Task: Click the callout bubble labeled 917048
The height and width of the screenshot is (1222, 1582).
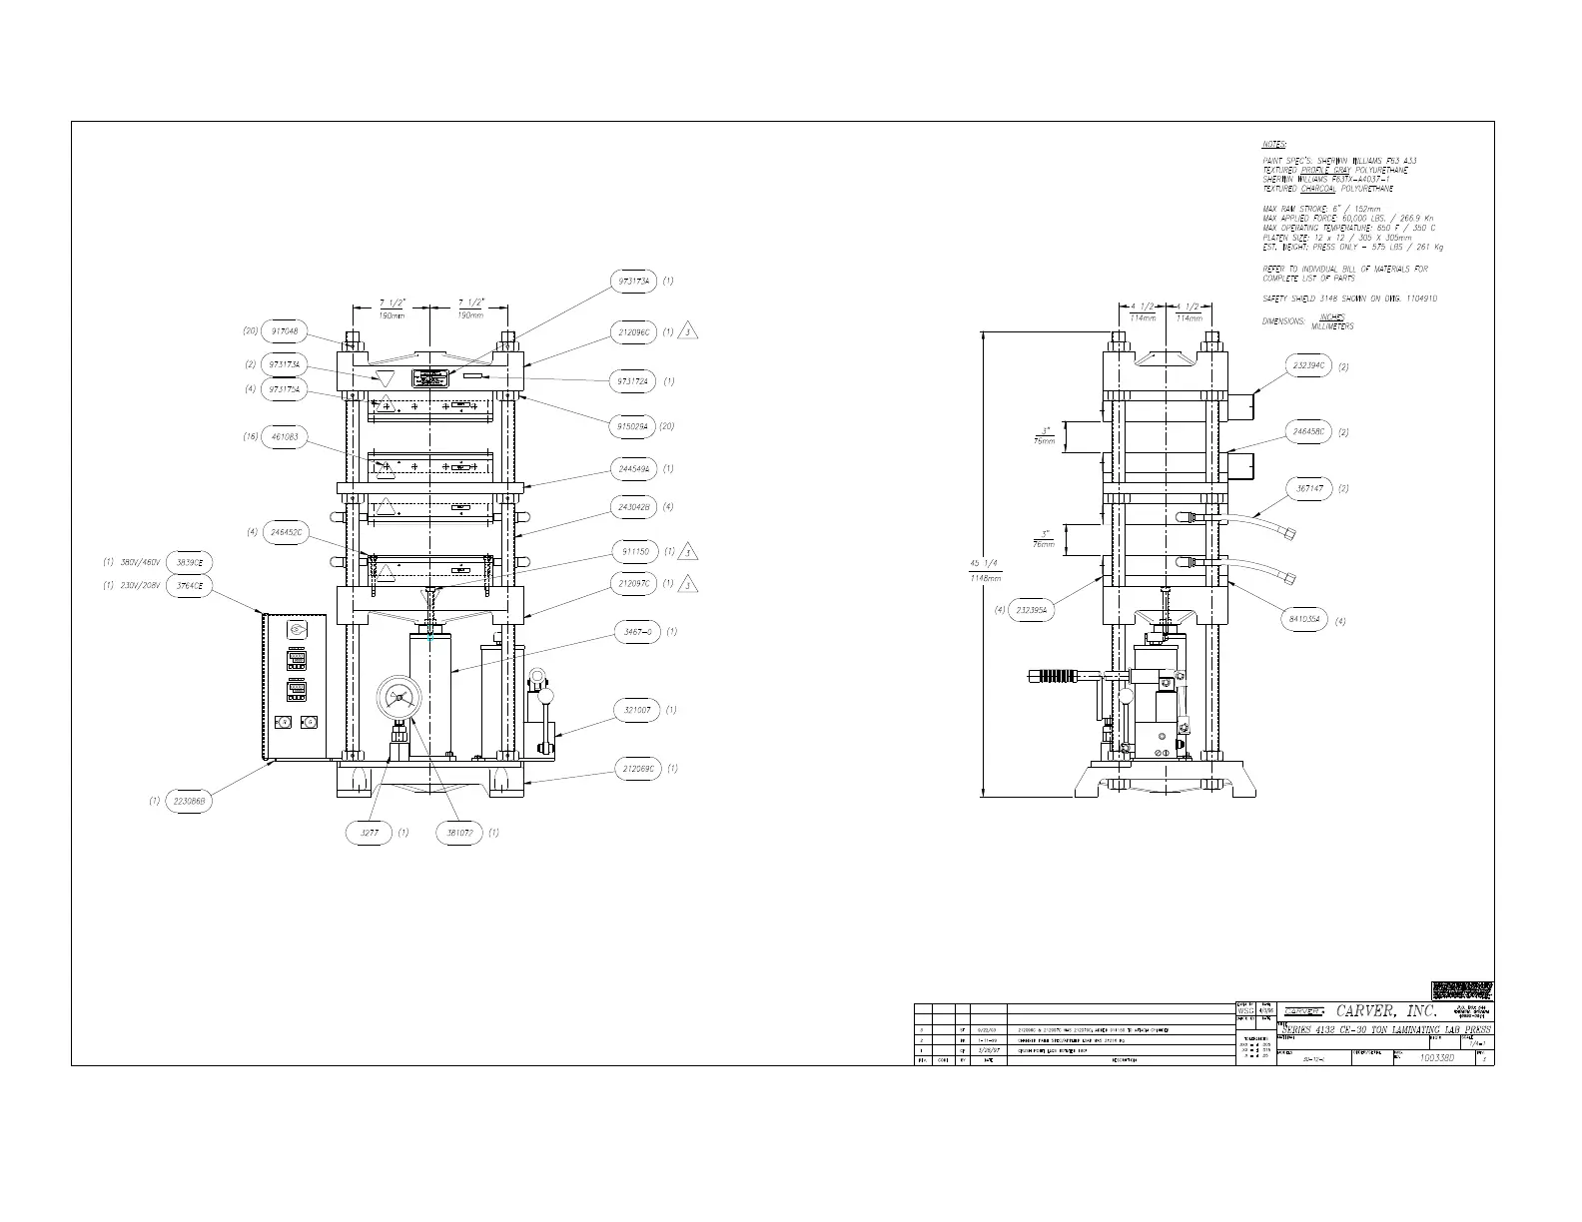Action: (x=284, y=331)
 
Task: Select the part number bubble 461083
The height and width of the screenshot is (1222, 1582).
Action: (x=284, y=437)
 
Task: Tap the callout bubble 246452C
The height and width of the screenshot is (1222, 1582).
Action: (x=286, y=532)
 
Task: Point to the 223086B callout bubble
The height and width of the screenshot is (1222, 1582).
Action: (x=190, y=801)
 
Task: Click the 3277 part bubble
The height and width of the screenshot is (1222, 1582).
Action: (x=369, y=832)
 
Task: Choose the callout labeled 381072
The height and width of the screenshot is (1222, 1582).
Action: (x=459, y=832)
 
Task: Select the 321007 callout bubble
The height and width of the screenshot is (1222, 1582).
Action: (x=636, y=710)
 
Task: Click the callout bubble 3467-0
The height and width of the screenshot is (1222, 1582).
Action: (x=636, y=632)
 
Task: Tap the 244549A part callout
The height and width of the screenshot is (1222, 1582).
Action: (x=635, y=468)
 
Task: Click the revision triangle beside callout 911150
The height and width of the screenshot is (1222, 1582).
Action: (x=688, y=552)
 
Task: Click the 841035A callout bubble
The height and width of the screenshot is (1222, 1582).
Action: (x=1304, y=620)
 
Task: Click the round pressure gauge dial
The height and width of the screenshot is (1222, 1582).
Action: (x=401, y=696)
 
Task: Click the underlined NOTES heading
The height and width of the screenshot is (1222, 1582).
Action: (x=1273, y=145)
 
